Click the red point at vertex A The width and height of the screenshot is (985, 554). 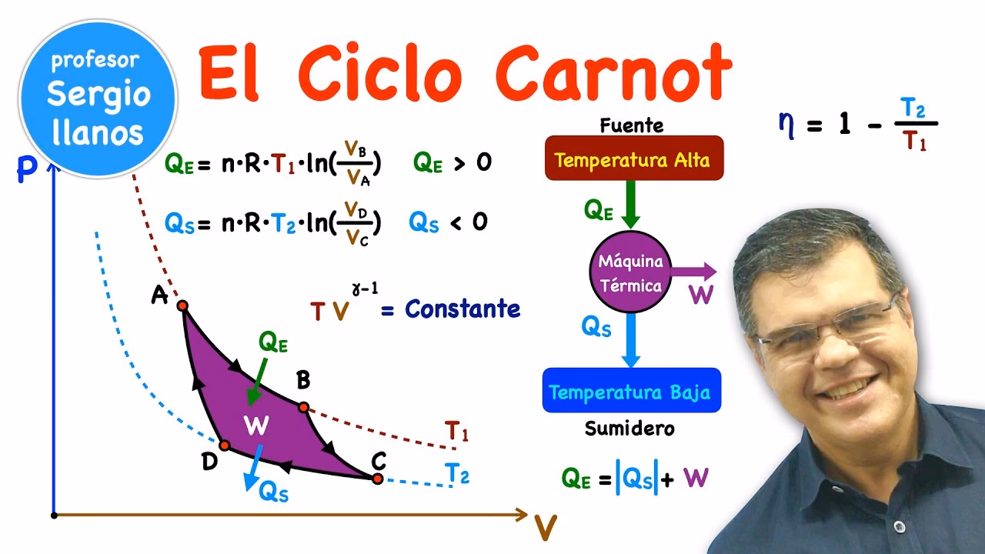click(182, 305)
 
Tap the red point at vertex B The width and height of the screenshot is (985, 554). click(303, 407)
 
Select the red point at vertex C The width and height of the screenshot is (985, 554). click(377, 479)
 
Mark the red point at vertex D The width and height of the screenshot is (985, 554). click(224, 446)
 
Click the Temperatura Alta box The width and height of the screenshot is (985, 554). click(633, 159)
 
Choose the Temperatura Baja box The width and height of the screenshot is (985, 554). click(631, 392)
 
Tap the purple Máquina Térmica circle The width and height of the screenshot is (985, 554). click(630, 273)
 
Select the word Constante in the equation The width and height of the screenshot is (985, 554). click(462, 309)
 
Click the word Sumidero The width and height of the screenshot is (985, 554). click(629, 429)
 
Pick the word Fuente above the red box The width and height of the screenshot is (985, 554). click(631, 125)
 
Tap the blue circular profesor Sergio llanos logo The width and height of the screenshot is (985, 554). click(98, 98)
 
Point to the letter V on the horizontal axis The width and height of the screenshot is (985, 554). click(546, 527)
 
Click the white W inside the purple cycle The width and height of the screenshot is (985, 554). click(255, 424)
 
